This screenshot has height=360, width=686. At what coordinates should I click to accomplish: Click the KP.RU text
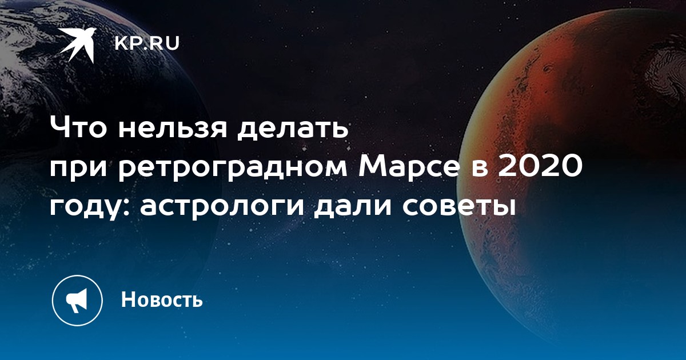147,43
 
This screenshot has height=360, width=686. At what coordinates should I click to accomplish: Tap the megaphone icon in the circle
77,301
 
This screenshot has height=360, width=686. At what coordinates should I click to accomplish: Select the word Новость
162,299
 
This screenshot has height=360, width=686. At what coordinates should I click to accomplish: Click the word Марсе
409,166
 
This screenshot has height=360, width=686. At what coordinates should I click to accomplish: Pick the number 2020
540,166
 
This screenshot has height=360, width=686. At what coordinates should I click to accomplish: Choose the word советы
459,208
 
